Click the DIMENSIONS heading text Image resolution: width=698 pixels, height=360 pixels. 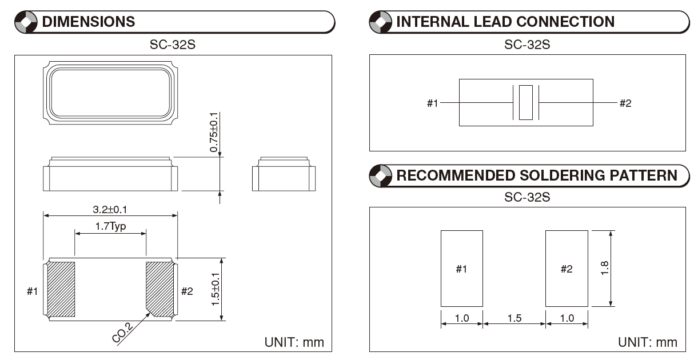click(89, 22)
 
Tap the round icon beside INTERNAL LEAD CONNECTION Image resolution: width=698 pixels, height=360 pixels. click(381, 22)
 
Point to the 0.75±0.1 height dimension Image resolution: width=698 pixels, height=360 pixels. click(214, 132)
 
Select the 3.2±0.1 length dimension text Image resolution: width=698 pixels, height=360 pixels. click(110, 210)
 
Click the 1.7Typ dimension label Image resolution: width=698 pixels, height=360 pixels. click(110, 226)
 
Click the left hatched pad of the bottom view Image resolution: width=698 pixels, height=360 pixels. click(61, 289)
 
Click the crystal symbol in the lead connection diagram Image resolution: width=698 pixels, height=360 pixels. click(525, 103)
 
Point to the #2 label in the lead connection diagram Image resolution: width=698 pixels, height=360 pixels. click(625, 103)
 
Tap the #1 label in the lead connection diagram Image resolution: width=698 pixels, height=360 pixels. click(433, 103)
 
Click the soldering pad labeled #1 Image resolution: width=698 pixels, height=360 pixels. click(461, 269)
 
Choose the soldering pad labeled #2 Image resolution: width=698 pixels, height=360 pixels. click(566, 269)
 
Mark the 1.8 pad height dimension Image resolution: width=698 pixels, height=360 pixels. click(605, 268)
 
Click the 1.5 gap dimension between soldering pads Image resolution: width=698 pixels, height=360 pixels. click(514, 318)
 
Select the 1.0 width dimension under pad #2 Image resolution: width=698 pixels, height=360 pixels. click(566, 318)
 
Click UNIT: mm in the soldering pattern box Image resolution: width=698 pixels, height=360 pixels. click(647, 342)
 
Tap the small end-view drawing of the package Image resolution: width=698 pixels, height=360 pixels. click(284, 174)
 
